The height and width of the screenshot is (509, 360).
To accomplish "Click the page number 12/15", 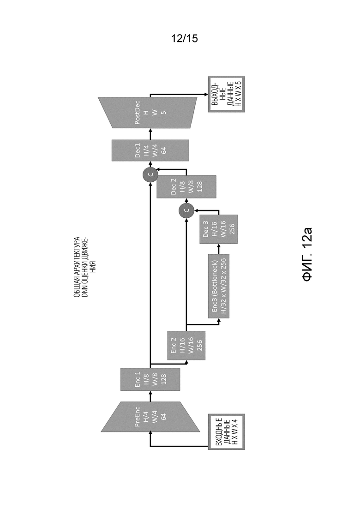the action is (x=184, y=39).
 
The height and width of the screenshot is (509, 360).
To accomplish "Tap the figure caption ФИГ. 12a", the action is (x=307, y=254).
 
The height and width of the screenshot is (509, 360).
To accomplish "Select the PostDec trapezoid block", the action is (x=148, y=112).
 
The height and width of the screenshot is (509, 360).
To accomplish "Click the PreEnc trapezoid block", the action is (x=150, y=417).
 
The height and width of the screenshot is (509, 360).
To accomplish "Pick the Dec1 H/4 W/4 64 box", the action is (x=150, y=150).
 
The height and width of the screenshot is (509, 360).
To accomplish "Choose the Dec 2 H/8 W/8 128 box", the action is (x=186, y=187).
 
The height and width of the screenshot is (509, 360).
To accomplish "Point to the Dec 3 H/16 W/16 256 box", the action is (x=218, y=229).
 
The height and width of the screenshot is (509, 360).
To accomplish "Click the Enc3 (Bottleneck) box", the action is (x=218, y=286).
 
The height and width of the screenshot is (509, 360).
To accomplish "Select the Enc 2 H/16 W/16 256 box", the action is (x=186, y=345).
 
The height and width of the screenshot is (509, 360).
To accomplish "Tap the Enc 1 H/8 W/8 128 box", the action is (x=150, y=379).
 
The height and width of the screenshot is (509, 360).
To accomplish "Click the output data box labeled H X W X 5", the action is (x=226, y=95).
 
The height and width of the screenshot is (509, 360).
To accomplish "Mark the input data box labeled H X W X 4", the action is (x=226, y=432).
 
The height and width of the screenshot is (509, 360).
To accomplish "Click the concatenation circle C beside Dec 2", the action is (x=150, y=174).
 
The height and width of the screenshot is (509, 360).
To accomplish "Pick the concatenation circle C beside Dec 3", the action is (x=186, y=211).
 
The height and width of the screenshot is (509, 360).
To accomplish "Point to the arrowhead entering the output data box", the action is (x=206, y=95).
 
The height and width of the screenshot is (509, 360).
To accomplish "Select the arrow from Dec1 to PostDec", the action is (x=150, y=134).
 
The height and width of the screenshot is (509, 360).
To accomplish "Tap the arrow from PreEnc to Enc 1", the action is (x=150, y=396).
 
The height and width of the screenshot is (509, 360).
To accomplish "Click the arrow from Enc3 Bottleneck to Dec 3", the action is (x=218, y=249).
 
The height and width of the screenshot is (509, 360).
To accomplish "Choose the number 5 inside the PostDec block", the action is (x=163, y=112).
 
